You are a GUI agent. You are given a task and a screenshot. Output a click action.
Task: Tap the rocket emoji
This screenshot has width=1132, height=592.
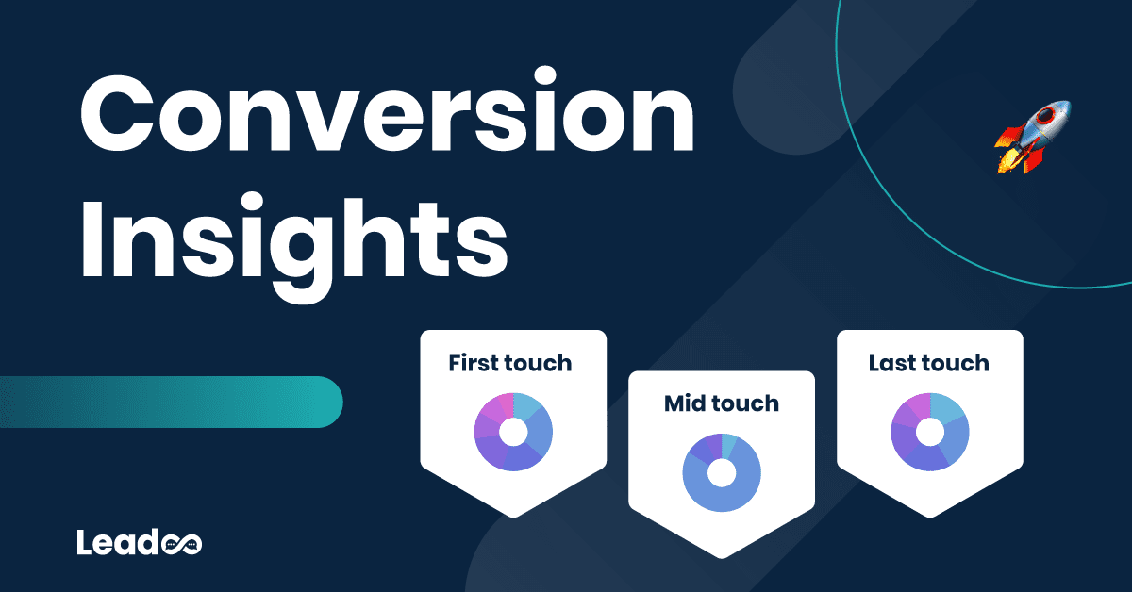pyautogui.click(x=1032, y=138)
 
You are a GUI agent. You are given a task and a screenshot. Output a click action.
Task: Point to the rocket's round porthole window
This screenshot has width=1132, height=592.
pyautogui.click(x=1044, y=117)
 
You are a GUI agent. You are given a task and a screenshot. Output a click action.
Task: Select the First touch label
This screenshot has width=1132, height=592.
pyautogui.click(x=510, y=363)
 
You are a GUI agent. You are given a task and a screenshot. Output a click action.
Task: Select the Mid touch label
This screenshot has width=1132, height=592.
pyautogui.click(x=721, y=403)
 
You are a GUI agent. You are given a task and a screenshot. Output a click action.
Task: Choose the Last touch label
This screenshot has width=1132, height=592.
pyautogui.click(x=929, y=363)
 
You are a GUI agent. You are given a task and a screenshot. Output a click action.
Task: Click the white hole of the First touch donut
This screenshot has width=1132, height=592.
pyautogui.click(x=513, y=432)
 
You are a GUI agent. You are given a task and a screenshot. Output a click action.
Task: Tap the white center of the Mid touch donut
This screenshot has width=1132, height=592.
pyautogui.click(x=722, y=473)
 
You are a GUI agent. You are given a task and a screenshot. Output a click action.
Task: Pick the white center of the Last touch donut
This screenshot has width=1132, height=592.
pyautogui.click(x=930, y=432)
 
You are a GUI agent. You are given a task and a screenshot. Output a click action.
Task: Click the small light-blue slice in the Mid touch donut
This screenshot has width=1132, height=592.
pyautogui.click(x=728, y=446)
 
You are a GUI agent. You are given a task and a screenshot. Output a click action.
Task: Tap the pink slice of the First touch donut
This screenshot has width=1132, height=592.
pyautogui.click(x=506, y=405)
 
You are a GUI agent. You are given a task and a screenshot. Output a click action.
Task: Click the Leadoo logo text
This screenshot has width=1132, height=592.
pyautogui.click(x=139, y=542)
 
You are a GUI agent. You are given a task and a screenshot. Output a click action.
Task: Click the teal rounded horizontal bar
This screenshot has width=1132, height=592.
pyautogui.click(x=171, y=403)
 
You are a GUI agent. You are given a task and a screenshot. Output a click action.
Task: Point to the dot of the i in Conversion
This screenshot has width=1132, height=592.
pyautogui.click(x=545, y=76)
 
